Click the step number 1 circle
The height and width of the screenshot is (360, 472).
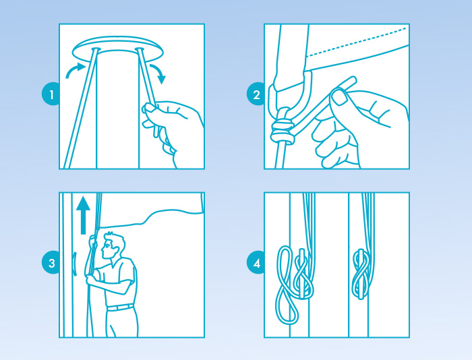[x=51, y=94]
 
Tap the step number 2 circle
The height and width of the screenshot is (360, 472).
[x=256, y=94]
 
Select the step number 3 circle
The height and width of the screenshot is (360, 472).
[x=51, y=262]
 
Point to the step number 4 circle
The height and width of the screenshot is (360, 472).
[x=256, y=262]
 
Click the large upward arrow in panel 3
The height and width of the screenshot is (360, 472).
[x=83, y=215]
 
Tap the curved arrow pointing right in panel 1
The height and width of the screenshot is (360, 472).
[x=75, y=69]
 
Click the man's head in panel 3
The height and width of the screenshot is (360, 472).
[x=113, y=245]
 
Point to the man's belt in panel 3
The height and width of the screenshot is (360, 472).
[x=121, y=307]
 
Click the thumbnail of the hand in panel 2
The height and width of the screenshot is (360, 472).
[x=340, y=98]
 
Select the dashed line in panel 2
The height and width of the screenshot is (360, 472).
[x=357, y=42]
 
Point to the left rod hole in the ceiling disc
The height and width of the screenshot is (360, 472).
[x=96, y=49]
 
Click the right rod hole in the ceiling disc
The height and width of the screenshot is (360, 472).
[x=140, y=49]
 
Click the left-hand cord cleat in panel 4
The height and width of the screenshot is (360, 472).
[x=301, y=273]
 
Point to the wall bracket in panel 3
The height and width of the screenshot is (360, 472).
[x=75, y=264]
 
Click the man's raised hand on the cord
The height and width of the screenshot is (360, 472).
[x=92, y=241]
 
